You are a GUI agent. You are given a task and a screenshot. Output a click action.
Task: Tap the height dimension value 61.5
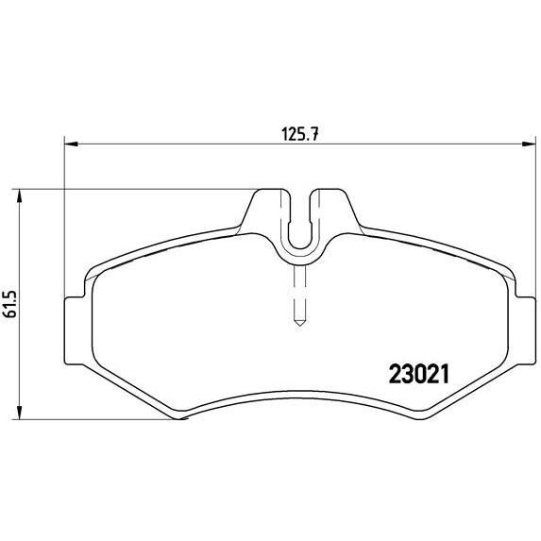point(10,302)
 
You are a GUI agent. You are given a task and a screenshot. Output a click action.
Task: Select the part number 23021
point(418,373)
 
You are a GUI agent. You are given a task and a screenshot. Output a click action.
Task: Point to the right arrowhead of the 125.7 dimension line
point(524,144)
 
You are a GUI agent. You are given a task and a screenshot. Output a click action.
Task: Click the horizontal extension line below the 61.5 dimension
point(94,419)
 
